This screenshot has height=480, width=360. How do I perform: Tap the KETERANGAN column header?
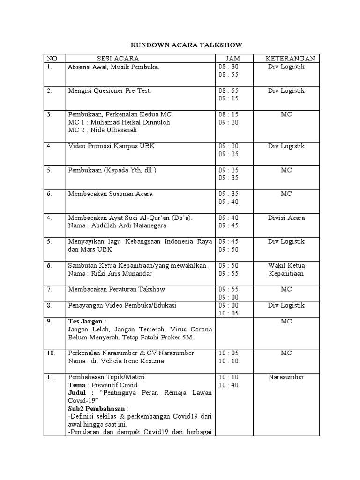[286, 59]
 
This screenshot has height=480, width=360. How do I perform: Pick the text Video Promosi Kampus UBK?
[112, 146]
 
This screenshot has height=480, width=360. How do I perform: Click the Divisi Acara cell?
[286, 217]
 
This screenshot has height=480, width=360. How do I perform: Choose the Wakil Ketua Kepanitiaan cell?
[286, 270]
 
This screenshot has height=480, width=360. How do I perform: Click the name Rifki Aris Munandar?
[121, 273]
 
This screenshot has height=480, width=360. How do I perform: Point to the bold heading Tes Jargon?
[87, 322]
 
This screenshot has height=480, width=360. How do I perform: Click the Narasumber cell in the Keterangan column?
[286, 377]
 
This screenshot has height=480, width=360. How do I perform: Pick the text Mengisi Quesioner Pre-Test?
[110, 91]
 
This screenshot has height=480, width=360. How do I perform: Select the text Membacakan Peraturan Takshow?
[117, 289]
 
